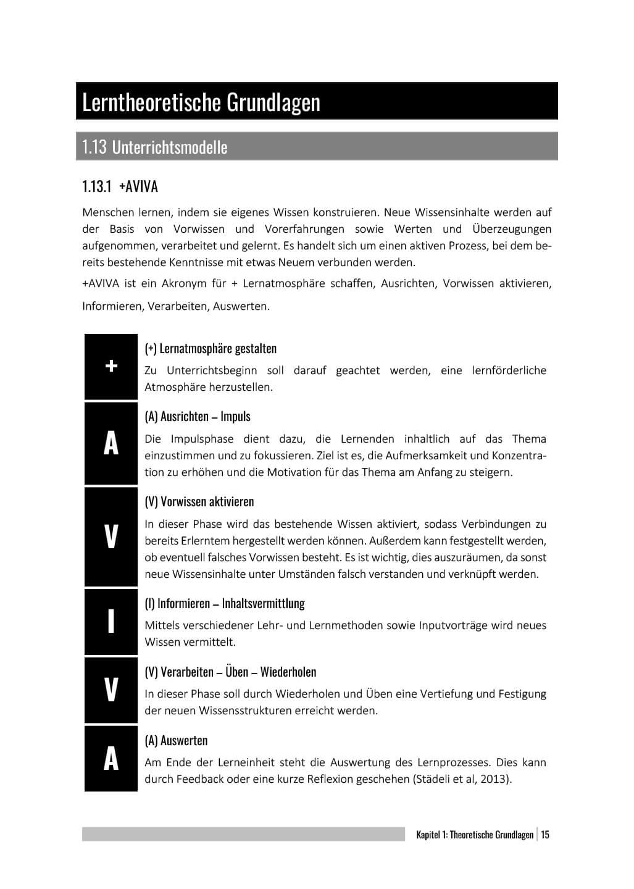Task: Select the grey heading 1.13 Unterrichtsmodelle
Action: tap(154, 147)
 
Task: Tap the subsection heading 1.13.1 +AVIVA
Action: tap(120, 186)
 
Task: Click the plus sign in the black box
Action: tap(111, 366)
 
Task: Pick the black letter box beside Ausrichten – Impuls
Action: tap(111, 443)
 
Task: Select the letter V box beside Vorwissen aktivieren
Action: tap(111, 536)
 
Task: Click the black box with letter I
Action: tap(111, 621)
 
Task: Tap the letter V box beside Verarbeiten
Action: tap(111, 690)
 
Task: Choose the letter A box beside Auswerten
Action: tap(111, 758)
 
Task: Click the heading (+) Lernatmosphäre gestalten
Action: tap(211, 348)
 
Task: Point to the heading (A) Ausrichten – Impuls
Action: tap(198, 416)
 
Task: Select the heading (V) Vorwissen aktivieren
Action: tap(199, 501)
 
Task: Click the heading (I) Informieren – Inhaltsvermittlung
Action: tap(225, 603)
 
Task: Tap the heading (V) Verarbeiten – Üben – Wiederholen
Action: tap(230, 672)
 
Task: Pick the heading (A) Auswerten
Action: tap(176, 740)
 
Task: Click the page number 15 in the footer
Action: tap(545, 835)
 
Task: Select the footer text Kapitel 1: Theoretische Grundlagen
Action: tap(475, 835)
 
